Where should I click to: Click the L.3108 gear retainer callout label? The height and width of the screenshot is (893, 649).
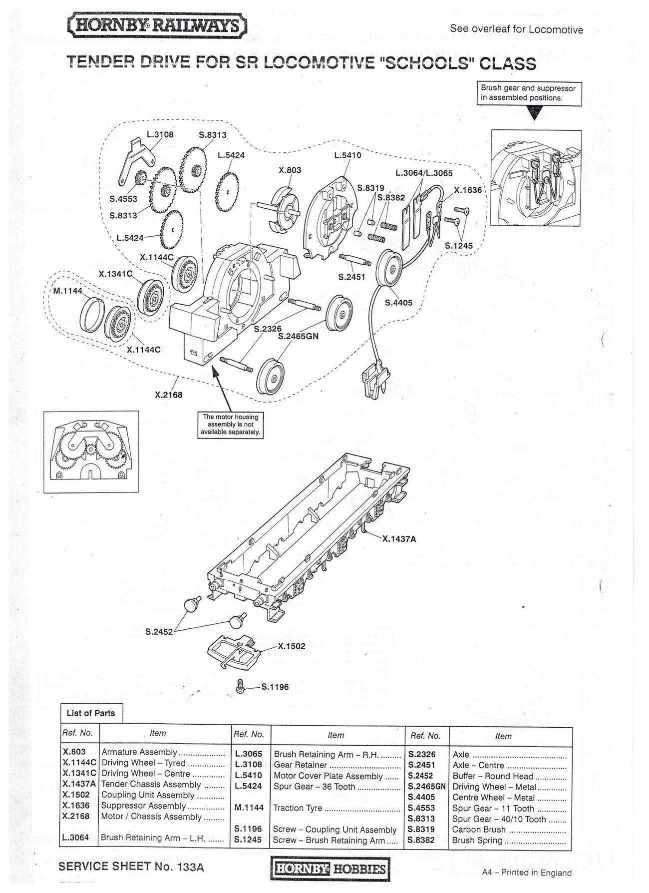160,134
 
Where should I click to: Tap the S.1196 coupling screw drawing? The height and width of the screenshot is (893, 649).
240,687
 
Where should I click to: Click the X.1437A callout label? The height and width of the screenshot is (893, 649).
399,539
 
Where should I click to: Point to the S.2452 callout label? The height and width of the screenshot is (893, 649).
159,632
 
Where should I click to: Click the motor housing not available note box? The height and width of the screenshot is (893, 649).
231,425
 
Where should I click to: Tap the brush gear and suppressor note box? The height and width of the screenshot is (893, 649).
528,93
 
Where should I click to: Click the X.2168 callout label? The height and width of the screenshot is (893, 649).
169,395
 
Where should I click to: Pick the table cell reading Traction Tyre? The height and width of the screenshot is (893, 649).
297,808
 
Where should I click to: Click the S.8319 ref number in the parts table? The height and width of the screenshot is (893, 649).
421,829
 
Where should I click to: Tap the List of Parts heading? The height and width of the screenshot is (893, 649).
91,713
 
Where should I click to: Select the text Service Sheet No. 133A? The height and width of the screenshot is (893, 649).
131,867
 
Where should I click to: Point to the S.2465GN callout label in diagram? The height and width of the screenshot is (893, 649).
298,336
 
